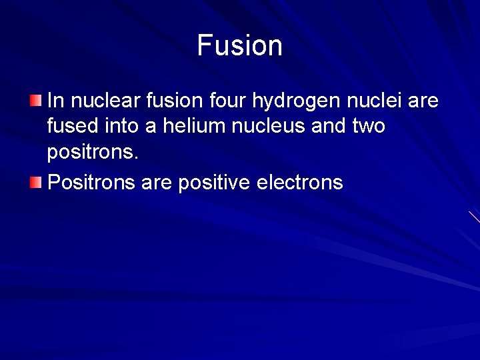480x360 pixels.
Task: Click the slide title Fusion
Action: (240, 45)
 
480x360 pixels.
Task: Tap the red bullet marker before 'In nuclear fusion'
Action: (35, 101)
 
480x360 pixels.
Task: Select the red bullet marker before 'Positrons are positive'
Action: (35, 181)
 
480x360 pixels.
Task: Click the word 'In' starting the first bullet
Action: (56, 101)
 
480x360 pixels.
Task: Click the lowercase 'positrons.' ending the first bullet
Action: (93, 152)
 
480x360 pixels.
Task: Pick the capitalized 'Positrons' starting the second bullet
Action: (92, 182)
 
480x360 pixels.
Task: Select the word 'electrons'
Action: (299, 182)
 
